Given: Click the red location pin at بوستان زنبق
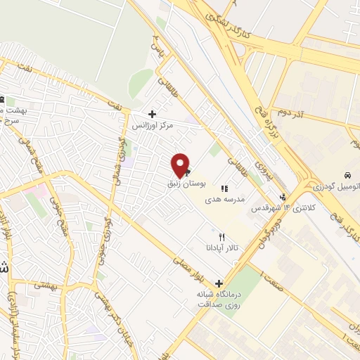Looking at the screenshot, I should point(180,165).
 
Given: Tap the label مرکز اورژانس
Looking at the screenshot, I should point(153,124).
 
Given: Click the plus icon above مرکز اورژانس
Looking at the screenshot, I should point(152,114).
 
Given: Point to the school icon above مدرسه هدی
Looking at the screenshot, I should point(224,188).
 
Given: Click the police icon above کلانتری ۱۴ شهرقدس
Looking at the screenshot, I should point(283,197).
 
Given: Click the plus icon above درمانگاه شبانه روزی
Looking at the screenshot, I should point(219,283).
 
